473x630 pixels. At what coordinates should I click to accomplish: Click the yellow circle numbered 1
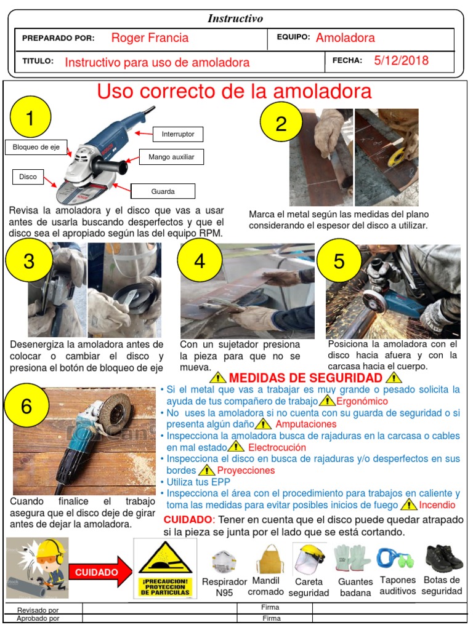(x=31, y=117)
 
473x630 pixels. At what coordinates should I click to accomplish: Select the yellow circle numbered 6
(x=26, y=405)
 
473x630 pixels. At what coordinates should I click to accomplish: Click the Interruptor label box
(x=178, y=134)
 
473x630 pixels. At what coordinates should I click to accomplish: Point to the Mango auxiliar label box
(x=171, y=157)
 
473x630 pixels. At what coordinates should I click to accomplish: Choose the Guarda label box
(x=163, y=191)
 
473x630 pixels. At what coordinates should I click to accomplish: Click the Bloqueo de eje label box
(x=36, y=147)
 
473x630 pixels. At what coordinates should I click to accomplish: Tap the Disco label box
(x=28, y=177)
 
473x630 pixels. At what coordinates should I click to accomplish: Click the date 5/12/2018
(x=401, y=60)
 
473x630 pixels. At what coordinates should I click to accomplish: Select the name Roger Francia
(x=150, y=38)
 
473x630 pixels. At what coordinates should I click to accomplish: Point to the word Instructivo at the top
(x=235, y=18)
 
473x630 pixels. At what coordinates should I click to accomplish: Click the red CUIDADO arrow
(x=100, y=572)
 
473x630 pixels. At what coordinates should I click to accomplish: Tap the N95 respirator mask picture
(x=224, y=562)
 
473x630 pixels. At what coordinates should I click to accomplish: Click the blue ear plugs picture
(x=396, y=559)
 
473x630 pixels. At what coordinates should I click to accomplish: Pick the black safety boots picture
(x=444, y=558)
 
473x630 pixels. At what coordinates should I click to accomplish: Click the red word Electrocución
(x=277, y=447)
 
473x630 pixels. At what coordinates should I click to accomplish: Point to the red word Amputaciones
(x=305, y=424)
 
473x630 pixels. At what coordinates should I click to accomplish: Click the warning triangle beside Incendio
(x=410, y=505)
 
